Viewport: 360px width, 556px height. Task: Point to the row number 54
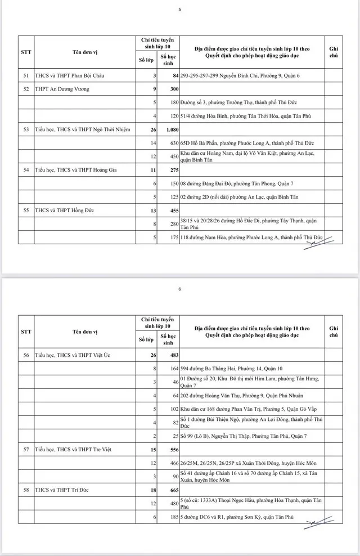26,169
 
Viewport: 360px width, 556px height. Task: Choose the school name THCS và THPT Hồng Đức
61,210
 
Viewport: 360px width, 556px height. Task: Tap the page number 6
180,289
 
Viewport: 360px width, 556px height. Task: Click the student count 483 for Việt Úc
171,355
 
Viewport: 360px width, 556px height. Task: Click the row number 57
26,450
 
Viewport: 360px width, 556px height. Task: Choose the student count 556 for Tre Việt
171,450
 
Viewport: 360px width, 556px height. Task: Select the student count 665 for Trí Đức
171,490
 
